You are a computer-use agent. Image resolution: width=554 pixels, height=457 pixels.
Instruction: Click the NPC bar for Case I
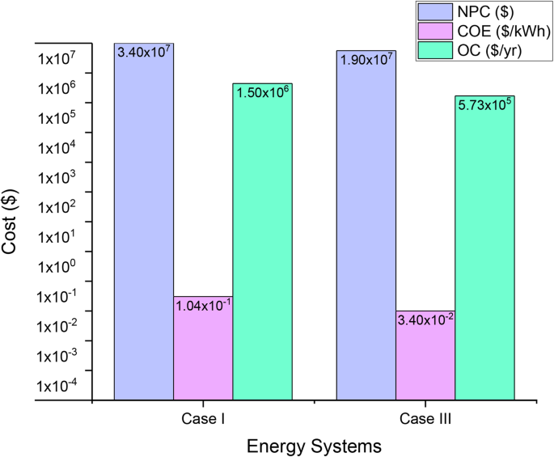[x=144, y=226]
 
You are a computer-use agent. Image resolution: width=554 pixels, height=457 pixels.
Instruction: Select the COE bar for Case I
[x=204, y=348]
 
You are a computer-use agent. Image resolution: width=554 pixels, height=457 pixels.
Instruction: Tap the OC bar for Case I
[x=263, y=243]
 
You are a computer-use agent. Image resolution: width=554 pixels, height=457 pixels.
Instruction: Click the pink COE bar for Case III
[x=425, y=356]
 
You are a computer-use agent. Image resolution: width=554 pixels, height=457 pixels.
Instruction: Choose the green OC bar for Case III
[x=484, y=251]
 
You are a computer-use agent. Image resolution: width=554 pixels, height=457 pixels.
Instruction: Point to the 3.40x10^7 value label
[x=144, y=52]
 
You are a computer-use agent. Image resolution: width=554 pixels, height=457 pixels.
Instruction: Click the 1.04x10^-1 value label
[x=204, y=305]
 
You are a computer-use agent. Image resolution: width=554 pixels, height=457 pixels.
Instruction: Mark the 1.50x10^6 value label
[x=263, y=91]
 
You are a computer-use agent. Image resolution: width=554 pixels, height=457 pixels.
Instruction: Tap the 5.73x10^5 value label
[x=484, y=104]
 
